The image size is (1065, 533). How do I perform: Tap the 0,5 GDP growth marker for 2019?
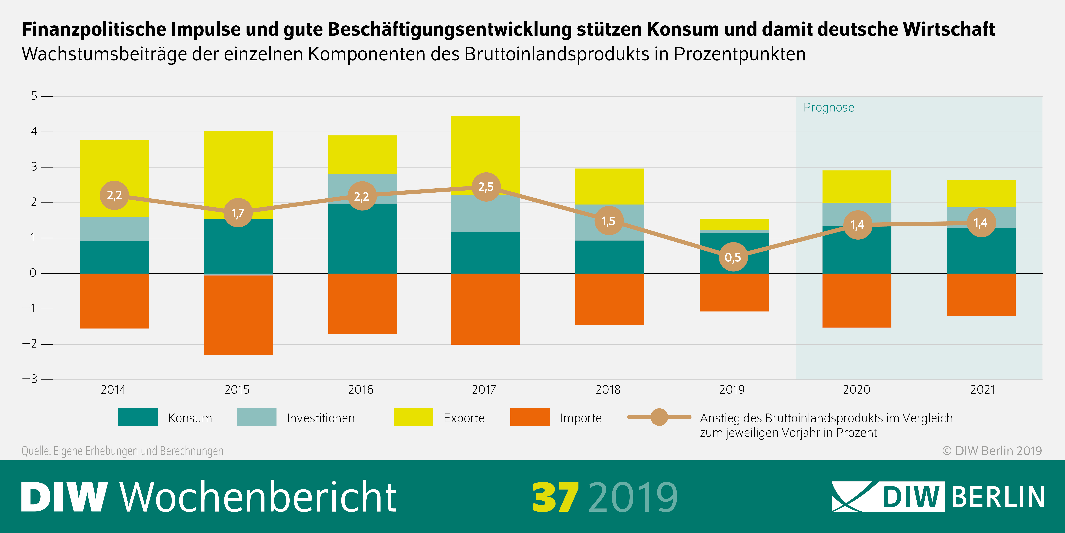click(733, 257)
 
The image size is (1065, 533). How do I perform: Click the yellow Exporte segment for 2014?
click(114, 166)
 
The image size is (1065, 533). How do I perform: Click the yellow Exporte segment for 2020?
click(857, 186)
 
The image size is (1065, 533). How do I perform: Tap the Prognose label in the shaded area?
click(829, 108)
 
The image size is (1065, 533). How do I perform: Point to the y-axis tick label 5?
click(34, 96)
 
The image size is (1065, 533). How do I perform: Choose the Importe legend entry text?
click(580, 418)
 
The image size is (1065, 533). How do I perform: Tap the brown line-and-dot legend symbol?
click(659, 417)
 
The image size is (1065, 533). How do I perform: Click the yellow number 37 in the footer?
click(555, 497)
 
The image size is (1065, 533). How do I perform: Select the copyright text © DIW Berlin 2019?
click(991, 451)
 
